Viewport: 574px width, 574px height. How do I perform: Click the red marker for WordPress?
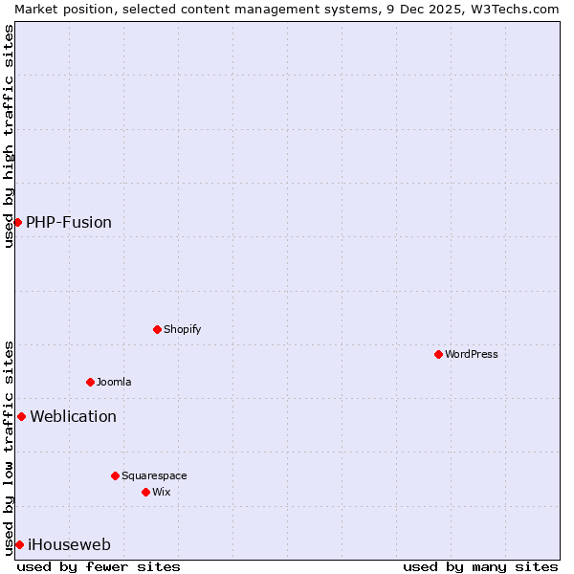(438, 354)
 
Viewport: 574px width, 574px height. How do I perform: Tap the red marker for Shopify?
(157, 329)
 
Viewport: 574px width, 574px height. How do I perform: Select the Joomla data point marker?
(90, 382)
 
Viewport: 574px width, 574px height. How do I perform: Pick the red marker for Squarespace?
(115, 475)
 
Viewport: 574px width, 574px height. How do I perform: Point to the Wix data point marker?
(145, 492)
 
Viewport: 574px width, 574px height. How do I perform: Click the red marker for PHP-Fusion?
(17, 222)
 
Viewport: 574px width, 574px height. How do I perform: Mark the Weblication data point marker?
(21, 416)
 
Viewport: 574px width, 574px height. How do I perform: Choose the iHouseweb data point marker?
(19, 544)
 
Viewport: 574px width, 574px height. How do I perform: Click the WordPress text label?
(472, 354)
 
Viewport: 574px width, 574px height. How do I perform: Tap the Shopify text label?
(182, 329)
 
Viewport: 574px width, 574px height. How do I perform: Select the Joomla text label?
(114, 382)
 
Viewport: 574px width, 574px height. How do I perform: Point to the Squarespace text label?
(154, 475)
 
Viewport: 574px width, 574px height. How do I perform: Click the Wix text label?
(161, 492)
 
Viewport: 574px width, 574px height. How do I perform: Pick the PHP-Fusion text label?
(69, 222)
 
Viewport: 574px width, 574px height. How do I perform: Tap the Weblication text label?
(74, 416)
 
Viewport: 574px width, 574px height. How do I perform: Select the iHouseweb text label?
(70, 544)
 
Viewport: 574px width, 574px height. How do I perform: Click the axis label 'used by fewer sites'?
(99, 566)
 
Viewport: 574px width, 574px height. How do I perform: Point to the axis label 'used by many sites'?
(480, 566)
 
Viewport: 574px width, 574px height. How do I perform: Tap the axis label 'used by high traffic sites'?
(9, 136)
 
